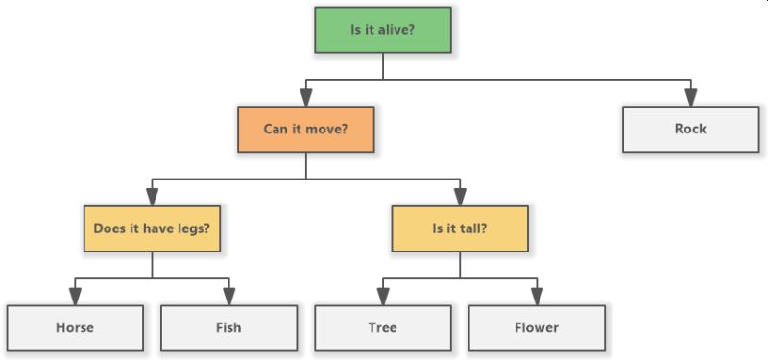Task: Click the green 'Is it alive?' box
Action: pos(383,30)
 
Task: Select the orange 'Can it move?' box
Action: pos(305,128)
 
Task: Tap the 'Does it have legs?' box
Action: pos(152,228)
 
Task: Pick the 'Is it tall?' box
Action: pos(460,228)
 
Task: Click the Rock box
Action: pos(690,129)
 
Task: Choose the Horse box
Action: pos(75,327)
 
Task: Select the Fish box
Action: pos(228,327)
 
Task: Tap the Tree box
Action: pos(382,327)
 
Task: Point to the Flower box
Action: pos(537,327)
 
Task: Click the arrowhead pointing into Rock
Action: pos(690,97)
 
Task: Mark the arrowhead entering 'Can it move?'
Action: pos(305,97)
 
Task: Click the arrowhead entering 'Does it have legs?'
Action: pos(152,197)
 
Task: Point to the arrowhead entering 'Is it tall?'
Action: pos(460,197)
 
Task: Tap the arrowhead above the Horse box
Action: pos(75,297)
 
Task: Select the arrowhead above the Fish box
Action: pos(228,297)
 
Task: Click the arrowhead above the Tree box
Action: pos(382,297)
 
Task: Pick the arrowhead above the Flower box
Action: pos(537,297)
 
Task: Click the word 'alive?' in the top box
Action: pos(396,30)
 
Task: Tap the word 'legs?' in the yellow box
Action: pos(192,228)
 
